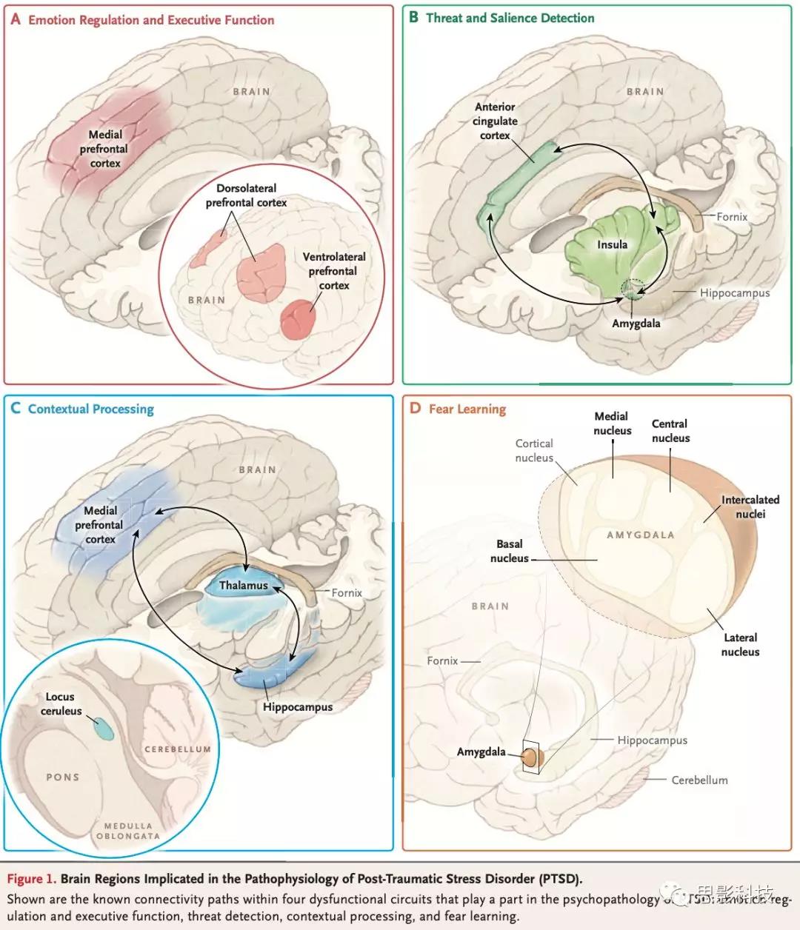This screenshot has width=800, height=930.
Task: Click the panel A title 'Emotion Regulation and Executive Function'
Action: click(151, 20)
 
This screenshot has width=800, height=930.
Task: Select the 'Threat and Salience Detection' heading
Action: click(510, 18)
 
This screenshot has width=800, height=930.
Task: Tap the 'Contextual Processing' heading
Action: click(90, 409)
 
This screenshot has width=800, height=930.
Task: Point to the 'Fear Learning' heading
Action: click(467, 409)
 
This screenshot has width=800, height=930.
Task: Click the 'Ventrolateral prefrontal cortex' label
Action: click(334, 271)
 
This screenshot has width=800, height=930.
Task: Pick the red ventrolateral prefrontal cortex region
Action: click(299, 319)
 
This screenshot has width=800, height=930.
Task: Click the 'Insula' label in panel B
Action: click(612, 244)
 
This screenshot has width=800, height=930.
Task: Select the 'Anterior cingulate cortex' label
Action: click(495, 121)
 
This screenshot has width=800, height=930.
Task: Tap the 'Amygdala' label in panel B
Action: click(636, 324)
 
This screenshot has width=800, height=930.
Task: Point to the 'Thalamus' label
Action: click(243, 586)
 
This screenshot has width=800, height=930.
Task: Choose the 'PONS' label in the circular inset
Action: click(62, 777)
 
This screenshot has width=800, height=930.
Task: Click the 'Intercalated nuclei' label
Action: click(750, 507)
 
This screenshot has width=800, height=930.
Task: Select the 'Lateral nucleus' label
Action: click(740, 644)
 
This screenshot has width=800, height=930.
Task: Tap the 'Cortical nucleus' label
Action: click(534, 450)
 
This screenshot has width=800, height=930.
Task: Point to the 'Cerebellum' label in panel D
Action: click(699, 780)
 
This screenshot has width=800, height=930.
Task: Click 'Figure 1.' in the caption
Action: click(31, 879)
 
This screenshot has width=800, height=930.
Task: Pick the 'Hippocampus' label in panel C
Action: click(298, 706)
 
